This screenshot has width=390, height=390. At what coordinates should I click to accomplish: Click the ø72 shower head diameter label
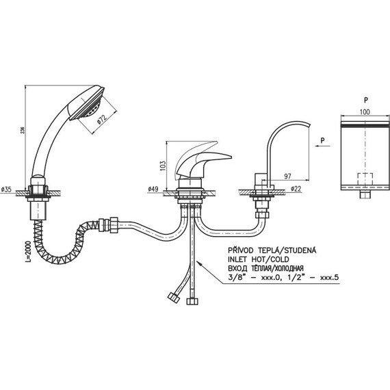click(103, 119)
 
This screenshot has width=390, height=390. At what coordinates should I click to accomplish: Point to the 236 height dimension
click(23, 130)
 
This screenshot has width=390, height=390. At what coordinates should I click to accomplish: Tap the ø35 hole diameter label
click(6, 190)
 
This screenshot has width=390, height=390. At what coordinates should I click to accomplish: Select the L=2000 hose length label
click(29, 252)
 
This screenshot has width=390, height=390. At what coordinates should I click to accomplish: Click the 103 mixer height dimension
click(163, 166)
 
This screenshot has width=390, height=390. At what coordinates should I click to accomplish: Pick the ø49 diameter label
click(153, 189)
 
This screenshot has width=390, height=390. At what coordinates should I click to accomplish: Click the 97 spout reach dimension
click(287, 177)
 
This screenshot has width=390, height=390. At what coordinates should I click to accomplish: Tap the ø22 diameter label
click(296, 189)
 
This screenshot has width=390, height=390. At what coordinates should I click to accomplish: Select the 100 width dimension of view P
click(365, 112)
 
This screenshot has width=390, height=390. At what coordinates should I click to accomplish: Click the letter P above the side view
click(366, 100)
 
